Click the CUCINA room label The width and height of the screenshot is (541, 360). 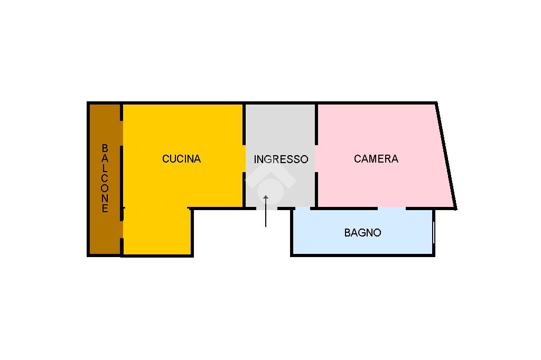[x=181, y=158]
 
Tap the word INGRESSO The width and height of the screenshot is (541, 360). [x=281, y=159]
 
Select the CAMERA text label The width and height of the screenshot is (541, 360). [x=376, y=158]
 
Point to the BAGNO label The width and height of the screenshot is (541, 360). [x=362, y=232]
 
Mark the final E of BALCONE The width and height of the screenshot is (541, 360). [x=105, y=209]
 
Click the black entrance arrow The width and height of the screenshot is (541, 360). [x=266, y=210]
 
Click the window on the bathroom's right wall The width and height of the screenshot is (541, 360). [x=433, y=232]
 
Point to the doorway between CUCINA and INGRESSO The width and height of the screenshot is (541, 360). [x=245, y=158]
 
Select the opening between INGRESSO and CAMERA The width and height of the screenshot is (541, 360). [x=316, y=158]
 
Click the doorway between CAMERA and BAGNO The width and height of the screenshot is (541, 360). [x=391, y=209]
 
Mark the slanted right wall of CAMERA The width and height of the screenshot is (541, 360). [x=446, y=156]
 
